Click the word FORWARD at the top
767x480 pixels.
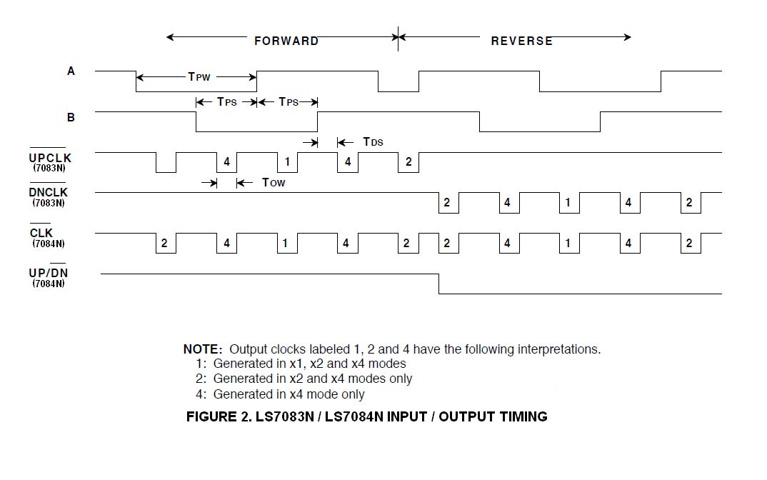[x=286, y=41]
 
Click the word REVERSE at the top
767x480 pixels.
[x=521, y=41]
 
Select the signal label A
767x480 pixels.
[x=71, y=71]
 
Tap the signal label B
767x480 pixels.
[x=71, y=116]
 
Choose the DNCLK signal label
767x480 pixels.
[x=48, y=193]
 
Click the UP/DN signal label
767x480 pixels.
[x=48, y=273]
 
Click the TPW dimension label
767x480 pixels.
[x=199, y=76]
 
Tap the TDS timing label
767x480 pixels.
[x=373, y=142]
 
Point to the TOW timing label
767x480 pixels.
[x=274, y=183]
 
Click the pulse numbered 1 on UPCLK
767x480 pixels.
[x=287, y=162]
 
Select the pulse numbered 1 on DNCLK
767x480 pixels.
[x=568, y=203]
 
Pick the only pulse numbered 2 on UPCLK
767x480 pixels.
[x=408, y=162]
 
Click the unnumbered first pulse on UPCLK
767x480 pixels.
[x=166, y=163]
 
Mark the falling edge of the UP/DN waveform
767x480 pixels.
[x=438, y=284]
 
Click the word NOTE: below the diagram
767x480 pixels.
[x=203, y=349]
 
